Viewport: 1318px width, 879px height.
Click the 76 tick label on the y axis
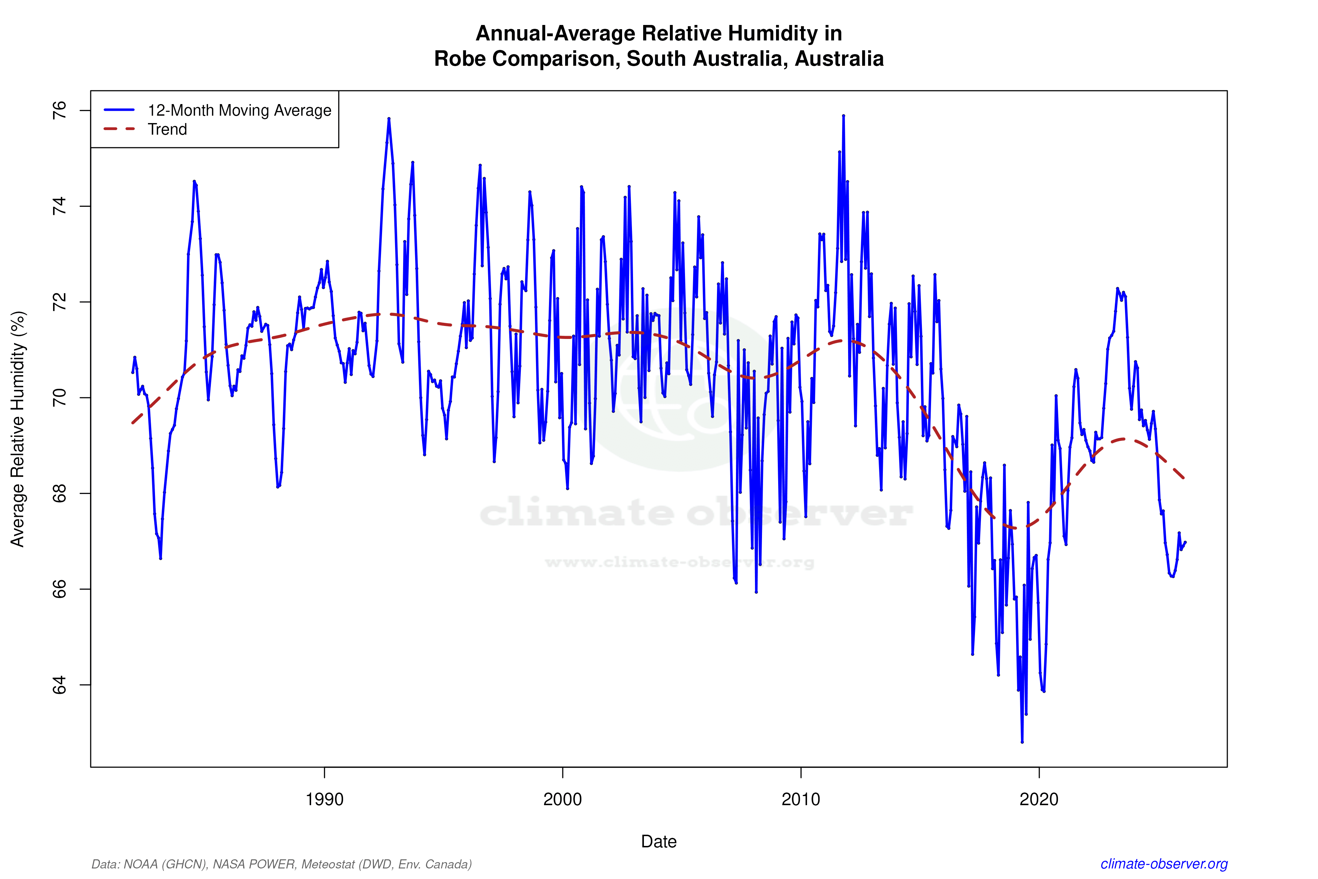tap(59, 110)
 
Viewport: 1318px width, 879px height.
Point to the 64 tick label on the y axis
tap(59, 685)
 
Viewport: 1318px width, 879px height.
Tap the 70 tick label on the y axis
tap(59, 398)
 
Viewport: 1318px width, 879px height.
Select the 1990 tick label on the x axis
tap(324, 800)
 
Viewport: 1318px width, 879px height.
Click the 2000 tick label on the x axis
tap(563, 800)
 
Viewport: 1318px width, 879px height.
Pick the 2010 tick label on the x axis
tap(801, 800)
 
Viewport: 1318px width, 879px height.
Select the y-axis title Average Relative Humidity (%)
tap(18, 429)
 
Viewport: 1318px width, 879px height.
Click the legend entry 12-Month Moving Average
tap(239, 110)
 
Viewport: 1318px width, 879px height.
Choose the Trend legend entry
tap(167, 129)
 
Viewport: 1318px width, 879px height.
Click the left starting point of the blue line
tap(132, 372)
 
